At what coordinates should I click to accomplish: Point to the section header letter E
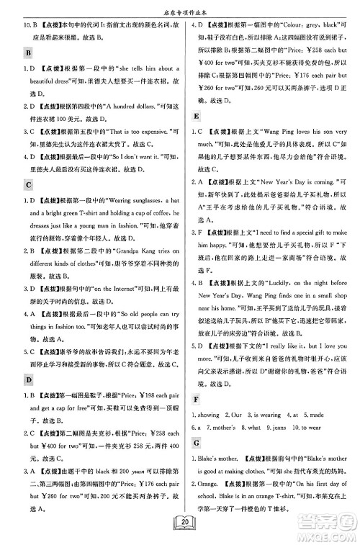[197, 115]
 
